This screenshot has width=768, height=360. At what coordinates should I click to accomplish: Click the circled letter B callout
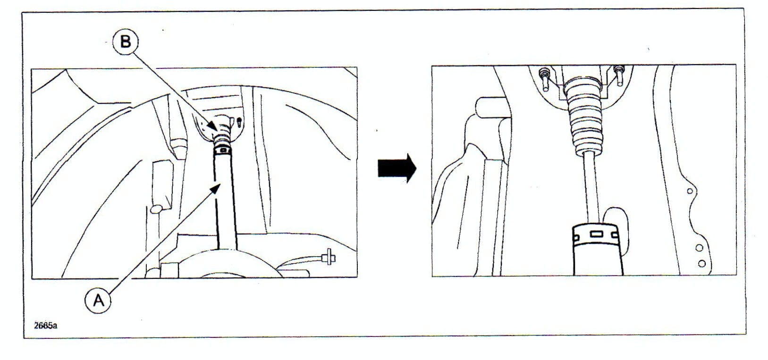(125, 42)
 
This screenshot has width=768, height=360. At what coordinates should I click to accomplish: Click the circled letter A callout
(98, 299)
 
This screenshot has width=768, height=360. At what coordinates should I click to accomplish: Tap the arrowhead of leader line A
(218, 186)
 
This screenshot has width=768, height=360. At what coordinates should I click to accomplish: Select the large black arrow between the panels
(397, 168)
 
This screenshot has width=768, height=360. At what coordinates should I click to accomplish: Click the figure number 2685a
(45, 326)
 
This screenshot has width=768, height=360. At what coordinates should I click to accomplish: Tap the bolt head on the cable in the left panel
(326, 258)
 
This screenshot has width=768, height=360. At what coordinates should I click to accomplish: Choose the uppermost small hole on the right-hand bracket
(690, 191)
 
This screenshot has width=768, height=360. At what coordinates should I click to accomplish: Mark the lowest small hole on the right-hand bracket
(702, 263)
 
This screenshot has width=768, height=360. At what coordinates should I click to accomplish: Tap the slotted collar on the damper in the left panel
(222, 150)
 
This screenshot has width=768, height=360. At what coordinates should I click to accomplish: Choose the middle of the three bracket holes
(699, 247)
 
